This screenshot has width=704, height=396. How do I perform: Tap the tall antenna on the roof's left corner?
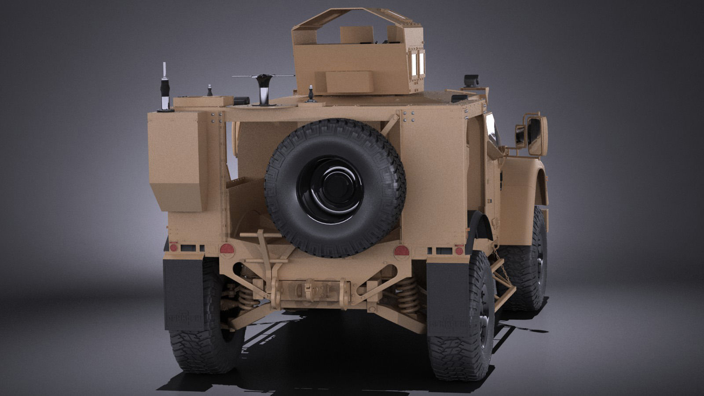[x=165, y=88]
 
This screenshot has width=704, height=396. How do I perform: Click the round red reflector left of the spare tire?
[x=227, y=249]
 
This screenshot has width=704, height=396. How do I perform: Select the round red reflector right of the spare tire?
[x=401, y=251]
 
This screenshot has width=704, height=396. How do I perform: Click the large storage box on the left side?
[x=177, y=161]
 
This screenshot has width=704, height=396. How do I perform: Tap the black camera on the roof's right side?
[x=471, y=81]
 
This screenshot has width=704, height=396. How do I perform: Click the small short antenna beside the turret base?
[x=311, y=93]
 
